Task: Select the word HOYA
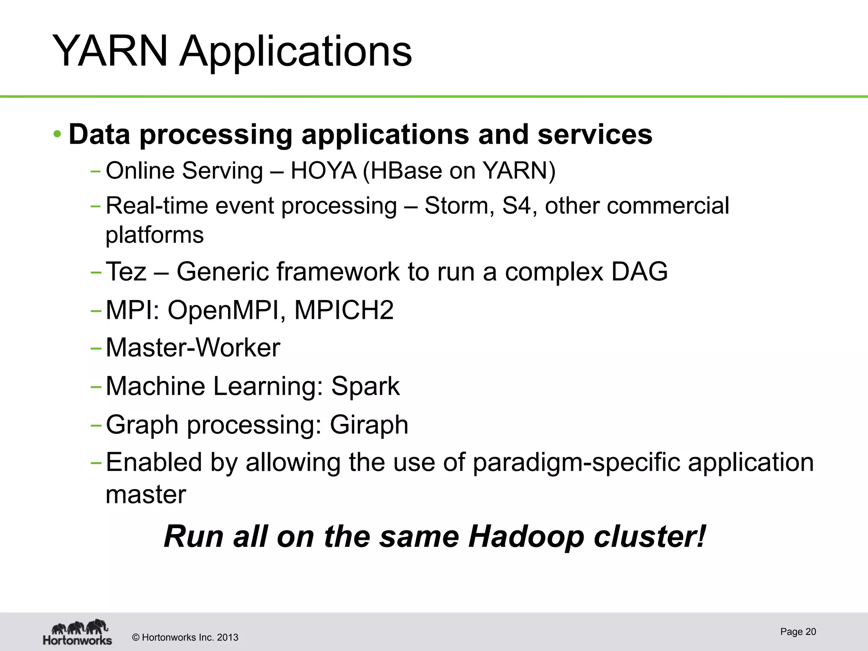pos(323,171)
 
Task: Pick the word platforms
pos(155,235)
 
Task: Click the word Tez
pos(126,272)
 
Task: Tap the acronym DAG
pos(640,272)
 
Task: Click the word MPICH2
pos(344,310)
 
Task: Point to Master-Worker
pos(193,348)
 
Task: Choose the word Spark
pos(365,386)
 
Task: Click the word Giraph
pos(369,425)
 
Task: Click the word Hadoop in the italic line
pos(526,537)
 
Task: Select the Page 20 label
pos(798,632)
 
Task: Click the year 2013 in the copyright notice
pos(228,637)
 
